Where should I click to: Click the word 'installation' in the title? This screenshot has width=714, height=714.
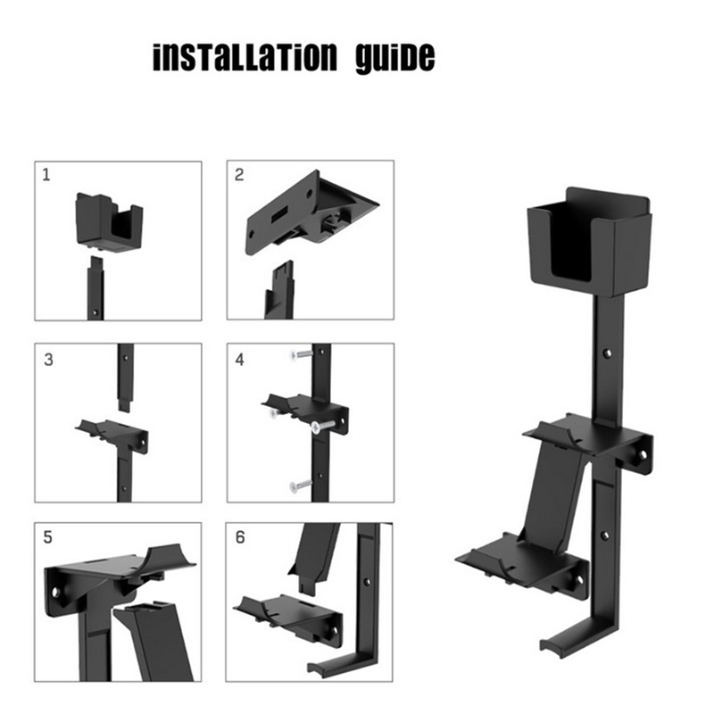(x=245, y=58)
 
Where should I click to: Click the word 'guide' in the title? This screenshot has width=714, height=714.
(x=395, y=58)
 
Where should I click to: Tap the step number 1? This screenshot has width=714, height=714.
(x=46, y=175)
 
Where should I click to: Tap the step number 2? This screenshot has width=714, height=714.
(x=239, y=175)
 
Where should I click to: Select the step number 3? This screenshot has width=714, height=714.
(x=48, y=360)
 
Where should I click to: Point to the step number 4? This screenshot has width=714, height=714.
(x=239, y=360)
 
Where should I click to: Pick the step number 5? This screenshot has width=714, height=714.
(x=48, y=537)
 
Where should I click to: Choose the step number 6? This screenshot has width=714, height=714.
(x=240, y=537)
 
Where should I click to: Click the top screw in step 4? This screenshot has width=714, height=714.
(x=302, y=353)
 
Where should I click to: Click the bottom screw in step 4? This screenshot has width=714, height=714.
(x=300, y=486)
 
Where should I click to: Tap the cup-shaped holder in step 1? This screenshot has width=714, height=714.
(x=109, y=221)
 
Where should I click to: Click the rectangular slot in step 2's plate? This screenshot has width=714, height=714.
(x=279, y=214)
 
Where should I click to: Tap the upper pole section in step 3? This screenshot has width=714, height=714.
(x=125, y=377)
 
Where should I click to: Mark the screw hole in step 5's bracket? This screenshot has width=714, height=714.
(x=55, y=593)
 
